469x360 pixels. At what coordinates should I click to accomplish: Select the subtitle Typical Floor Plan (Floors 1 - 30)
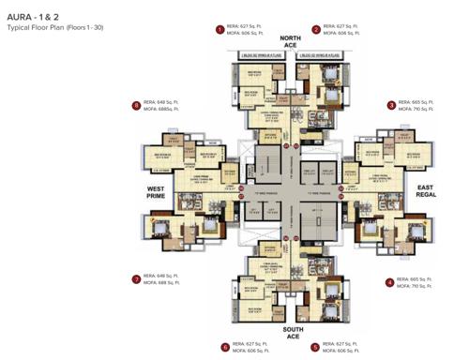[x=55, y=28]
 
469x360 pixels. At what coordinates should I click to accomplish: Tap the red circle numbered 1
[x=219, y=30]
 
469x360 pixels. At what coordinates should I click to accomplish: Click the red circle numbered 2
[x=316, y=30]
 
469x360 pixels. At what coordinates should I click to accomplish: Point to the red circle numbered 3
[x=391, y=105]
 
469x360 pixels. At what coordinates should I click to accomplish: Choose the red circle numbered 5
[x=315, y=346]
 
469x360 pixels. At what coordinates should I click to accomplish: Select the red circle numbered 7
[x=137, y=278]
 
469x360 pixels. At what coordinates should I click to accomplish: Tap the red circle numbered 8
[x=136, y=105]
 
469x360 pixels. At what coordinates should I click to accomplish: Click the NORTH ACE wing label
[x=291, y=43]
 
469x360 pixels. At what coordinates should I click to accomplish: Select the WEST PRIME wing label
[x=156, y=192]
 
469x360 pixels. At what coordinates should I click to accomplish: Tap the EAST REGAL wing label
[x=429, y=192]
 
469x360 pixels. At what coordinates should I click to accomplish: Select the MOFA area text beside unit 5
[x=343, y=350]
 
